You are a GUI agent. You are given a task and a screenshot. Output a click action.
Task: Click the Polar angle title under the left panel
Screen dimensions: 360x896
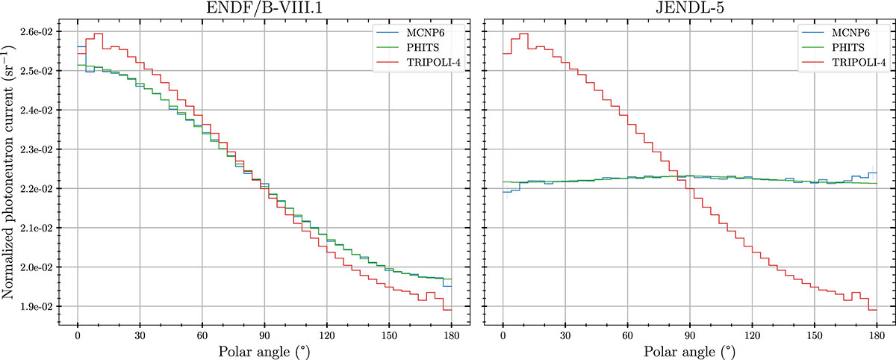pyautogui.click(x=264, y=350)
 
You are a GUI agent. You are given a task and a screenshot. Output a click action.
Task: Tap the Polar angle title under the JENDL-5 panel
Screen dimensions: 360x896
pyautogui.click(x=688, y=350)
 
